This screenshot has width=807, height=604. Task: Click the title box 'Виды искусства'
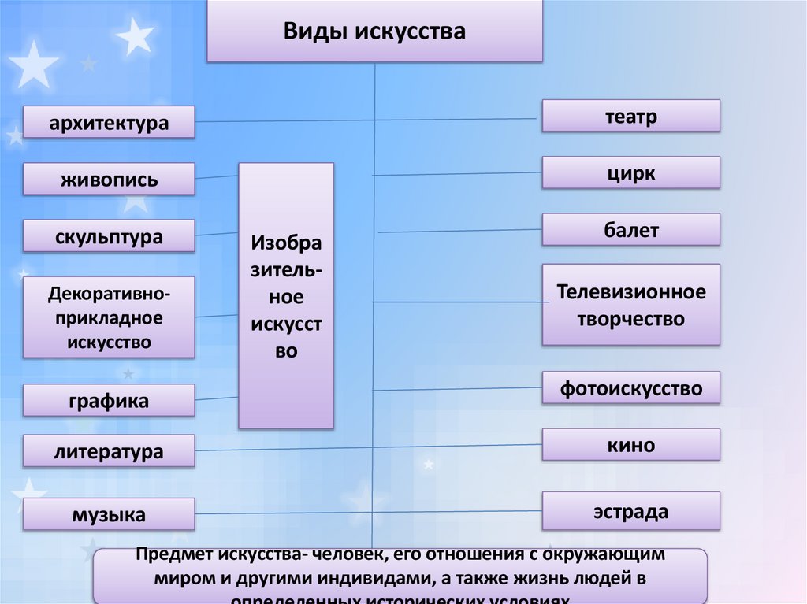pyautogui.click(x=374, y=31)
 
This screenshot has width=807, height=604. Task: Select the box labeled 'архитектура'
pyautogui.click(x=109, y=123)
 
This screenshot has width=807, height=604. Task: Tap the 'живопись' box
pyautogui.click(x=109, y=180)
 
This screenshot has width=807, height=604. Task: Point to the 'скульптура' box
pyautogui.click(x=109, y=236)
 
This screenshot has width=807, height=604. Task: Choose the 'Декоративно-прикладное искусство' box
pyautogui.click(x=109, y=317)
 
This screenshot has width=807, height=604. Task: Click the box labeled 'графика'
pyautogui.click(x=109, y=401)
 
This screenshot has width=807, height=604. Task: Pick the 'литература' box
pyautogui.click(x=109, y=451)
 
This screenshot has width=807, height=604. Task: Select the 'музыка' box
pyautogui.click(x=109, y=515)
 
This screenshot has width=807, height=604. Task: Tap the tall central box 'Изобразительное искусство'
pyautogui.click(x=286, y=295)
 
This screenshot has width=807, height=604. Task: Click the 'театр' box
pyautogui.click(x=630, y=116)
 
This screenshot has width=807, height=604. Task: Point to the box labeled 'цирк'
pyautogui.click(x=630, y=172)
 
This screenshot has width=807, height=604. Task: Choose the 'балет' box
pyautogui.click(x=630, y=230)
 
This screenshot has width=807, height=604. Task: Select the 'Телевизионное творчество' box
pyautogui.click(x=630, y=305)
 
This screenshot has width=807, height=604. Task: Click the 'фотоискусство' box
pyautogui.click(x=630, y=387)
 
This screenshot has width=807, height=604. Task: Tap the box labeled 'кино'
pyautogui.click(x=630, y=445)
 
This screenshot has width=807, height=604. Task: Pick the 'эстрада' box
pyautogui.click(x=630, y=511)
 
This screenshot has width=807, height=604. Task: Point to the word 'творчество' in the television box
pyautogui.click(x=630, y=319)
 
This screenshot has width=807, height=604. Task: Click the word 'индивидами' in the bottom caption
pyautogui.click(x=374, y=579)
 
